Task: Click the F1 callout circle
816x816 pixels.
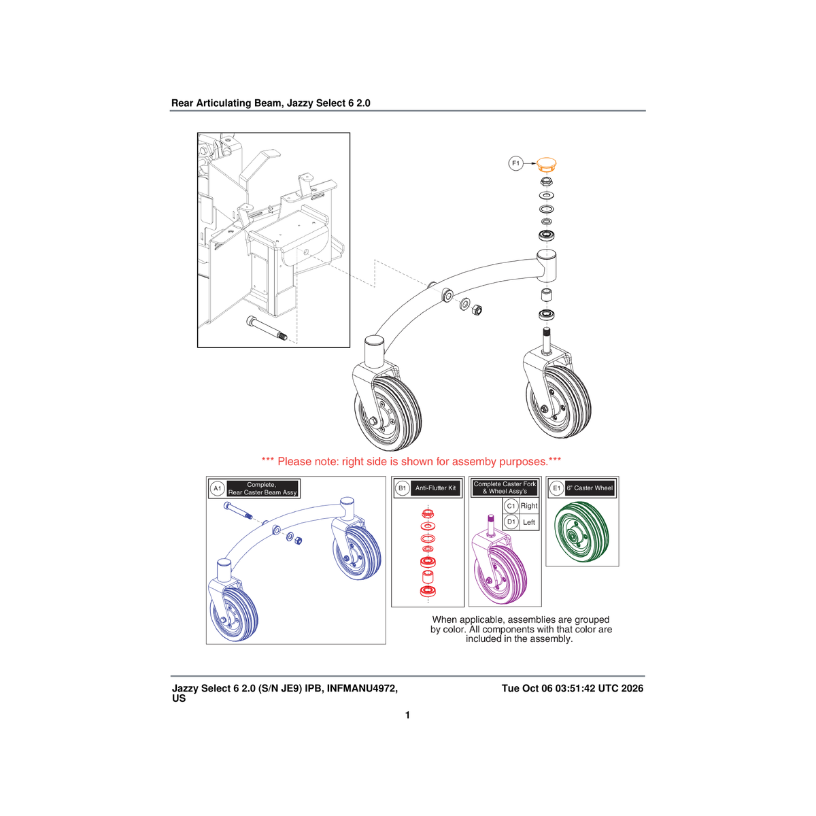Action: pos(515,163)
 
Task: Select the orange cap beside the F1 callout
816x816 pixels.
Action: pos(546,165)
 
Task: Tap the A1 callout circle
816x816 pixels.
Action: pos(217,488)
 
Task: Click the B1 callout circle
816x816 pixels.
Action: pos(402,488)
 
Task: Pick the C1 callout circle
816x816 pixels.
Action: pos(511,506)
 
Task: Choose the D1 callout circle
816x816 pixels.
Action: pos(511,522)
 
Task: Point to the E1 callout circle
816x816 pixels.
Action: pos(556,488)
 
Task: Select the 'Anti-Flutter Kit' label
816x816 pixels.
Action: pos(435,488)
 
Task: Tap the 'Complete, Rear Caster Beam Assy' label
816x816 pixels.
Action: pos(262,488)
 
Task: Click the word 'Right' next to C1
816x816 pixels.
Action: pos(529,506)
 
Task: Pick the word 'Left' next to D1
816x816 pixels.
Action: pos(529,522)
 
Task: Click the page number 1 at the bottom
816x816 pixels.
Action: pos(407,715)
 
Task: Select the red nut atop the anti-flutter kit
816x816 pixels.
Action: pos(428,514)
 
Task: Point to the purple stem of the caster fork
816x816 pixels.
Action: pos(491,524)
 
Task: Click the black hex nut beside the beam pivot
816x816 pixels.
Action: pos(477,310)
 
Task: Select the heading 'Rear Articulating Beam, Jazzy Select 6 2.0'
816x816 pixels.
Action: pos(271,103)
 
